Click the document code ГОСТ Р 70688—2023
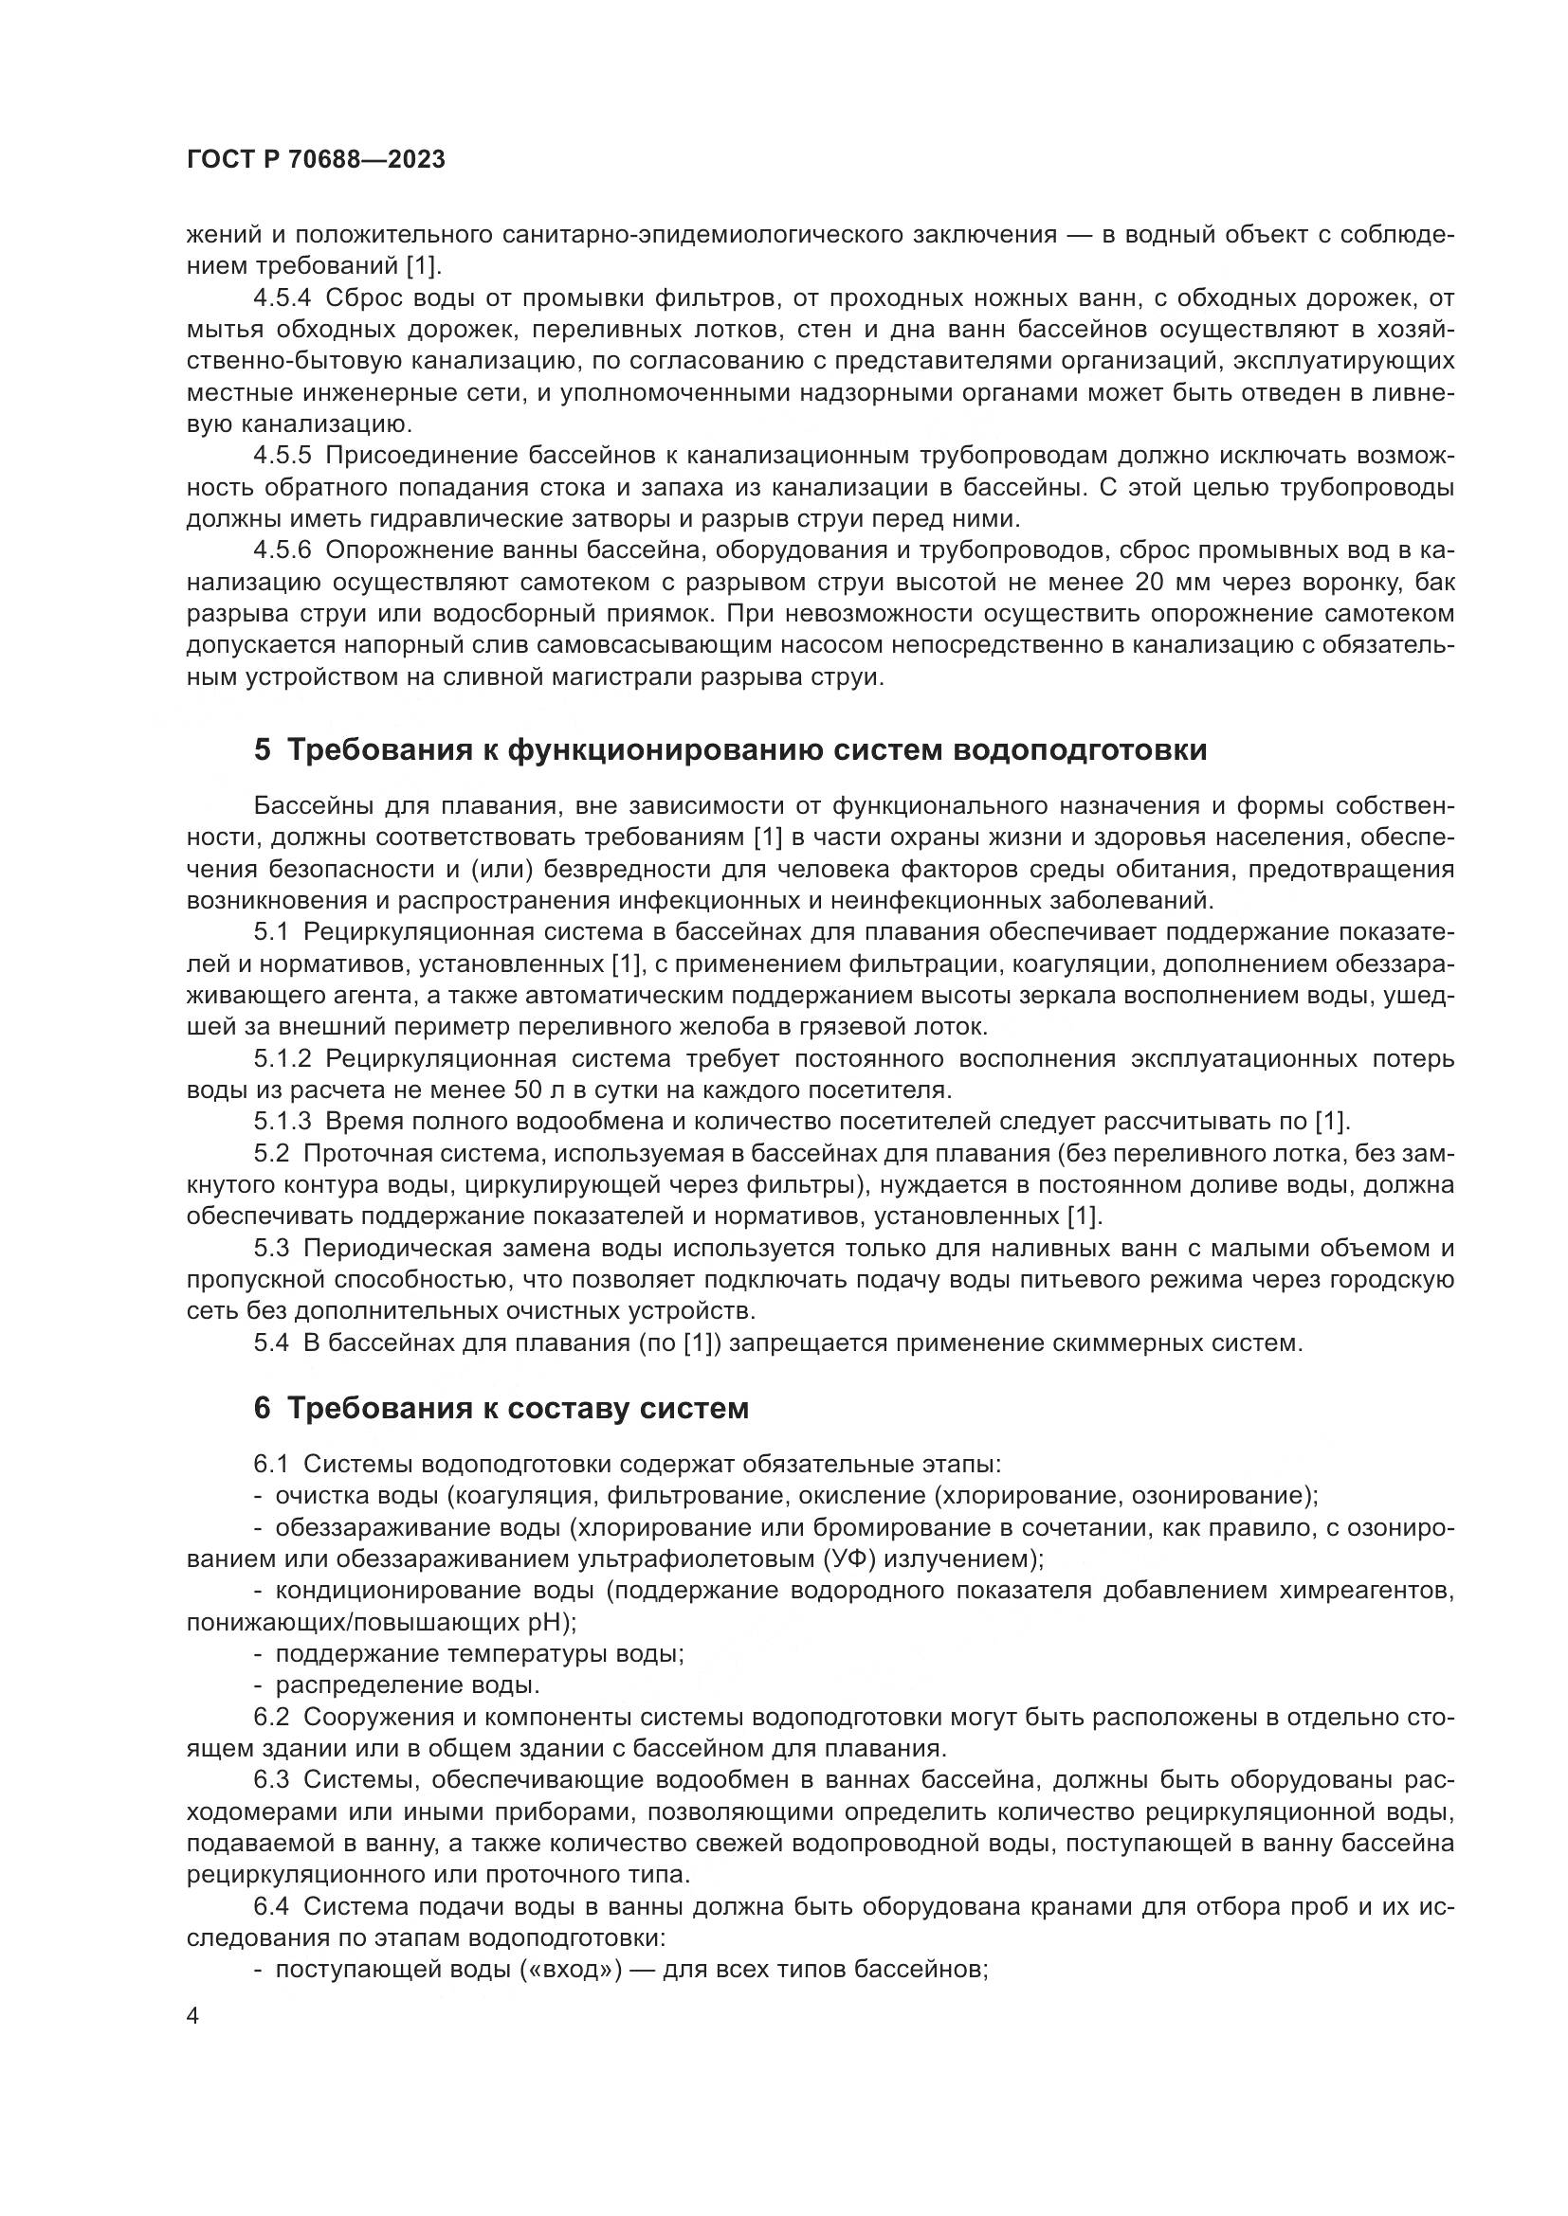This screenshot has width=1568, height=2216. click(x=316, y=160)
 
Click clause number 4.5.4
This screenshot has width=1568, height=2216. click(x=282, y=297)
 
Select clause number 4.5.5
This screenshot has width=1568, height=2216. click(x=282, y=456)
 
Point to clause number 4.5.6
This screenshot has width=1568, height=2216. click(x=282, y=551)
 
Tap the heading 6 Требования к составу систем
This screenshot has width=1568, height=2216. click(x=501, y=1408)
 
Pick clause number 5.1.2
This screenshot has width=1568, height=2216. click(x=282, y=1059)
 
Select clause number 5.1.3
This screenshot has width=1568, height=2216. click(x=282, y=1122)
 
